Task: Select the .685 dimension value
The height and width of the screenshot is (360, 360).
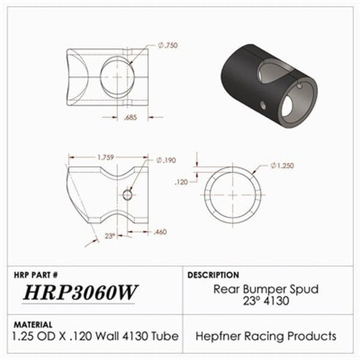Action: pos(130,118)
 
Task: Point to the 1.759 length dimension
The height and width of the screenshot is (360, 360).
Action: pos(108,157)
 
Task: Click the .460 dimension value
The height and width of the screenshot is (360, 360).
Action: pos(160,232)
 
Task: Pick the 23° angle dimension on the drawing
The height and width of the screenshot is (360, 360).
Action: pos(110,236)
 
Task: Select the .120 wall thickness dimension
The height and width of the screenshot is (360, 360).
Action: pos(181,180)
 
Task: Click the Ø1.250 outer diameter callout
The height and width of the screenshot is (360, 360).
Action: pos(282,166)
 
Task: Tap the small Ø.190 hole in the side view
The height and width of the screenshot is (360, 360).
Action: pos(127,194)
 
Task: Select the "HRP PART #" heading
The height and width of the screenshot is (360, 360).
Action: pos(35,274)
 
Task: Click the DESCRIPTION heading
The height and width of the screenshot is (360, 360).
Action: pos(214,275)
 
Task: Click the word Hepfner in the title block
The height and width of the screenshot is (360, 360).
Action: pos(217,336)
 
